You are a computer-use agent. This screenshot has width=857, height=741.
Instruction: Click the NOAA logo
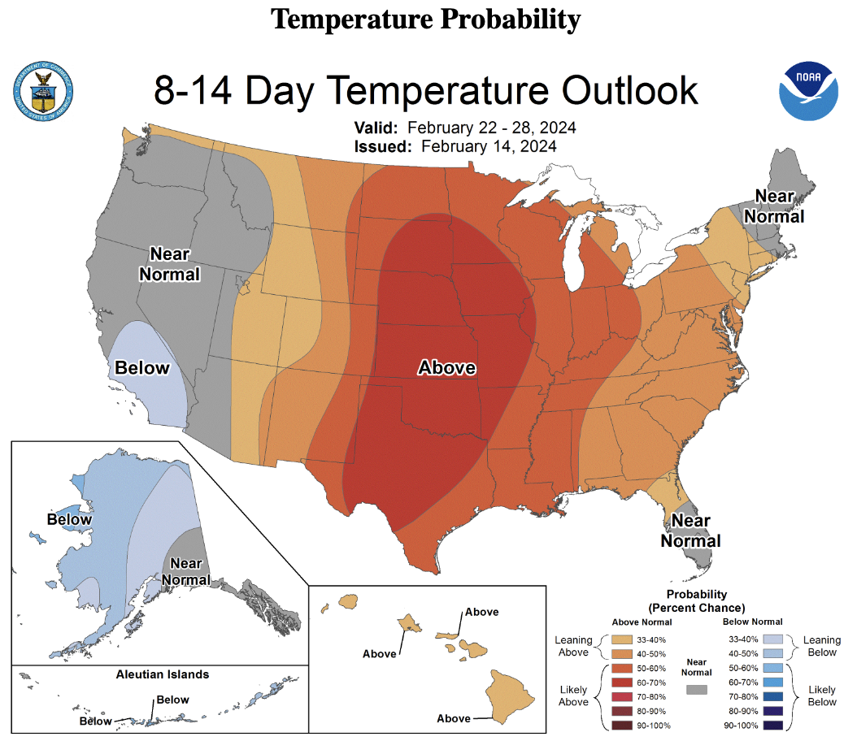coord(810,89)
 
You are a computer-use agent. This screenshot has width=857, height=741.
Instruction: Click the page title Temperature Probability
coord(426,18)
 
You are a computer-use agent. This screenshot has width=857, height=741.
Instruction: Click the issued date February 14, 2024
coord(489,146)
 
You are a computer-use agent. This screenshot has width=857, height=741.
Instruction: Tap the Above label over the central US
coord(446,368)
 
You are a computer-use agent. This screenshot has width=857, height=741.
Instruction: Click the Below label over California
coord(142,368)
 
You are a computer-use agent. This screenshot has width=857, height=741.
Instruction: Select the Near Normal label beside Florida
coord(690,531)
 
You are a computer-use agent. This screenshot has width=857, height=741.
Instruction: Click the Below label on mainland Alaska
coord(69,519)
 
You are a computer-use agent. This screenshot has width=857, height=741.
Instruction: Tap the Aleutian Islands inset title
coord(162,674)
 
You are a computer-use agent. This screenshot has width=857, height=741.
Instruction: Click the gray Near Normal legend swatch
coord(696,689)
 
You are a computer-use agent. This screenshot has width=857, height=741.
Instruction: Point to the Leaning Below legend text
coord(820,647)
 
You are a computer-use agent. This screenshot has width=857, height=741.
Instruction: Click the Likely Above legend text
coord(573,695)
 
